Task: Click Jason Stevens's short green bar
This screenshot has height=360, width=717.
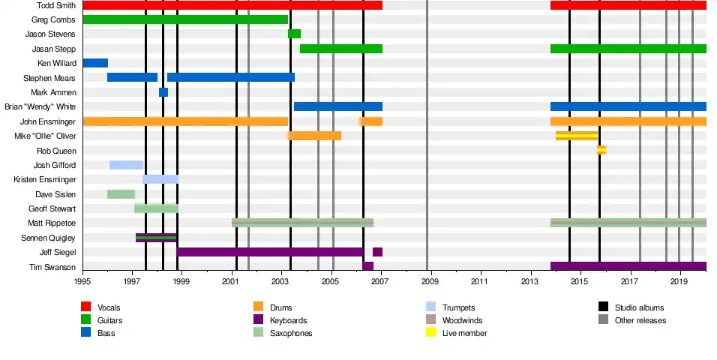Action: (x=294, y=34)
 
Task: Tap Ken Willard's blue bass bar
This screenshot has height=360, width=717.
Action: (x=95, y=63)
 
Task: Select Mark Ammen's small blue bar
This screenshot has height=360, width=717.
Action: (x=163, y=92)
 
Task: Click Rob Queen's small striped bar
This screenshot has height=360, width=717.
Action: (x=601, y=150)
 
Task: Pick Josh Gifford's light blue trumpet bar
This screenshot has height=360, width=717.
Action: (x=126, y=165)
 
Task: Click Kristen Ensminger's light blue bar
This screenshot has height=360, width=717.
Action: (x=160, y=179)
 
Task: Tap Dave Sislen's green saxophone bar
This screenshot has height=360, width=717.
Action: (x=121, y=194)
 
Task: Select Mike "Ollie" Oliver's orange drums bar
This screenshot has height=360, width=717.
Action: (x=314, y=136)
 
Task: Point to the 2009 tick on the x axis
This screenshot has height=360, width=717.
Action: (x=430, y=281)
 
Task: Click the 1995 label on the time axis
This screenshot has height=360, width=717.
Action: (x=82, y=281)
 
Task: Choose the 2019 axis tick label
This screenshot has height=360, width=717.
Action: (x=679, y=281)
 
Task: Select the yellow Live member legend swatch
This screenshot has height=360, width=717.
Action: (x=430, y=333)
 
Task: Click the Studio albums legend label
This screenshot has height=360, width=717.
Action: (x=639, y=307)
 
